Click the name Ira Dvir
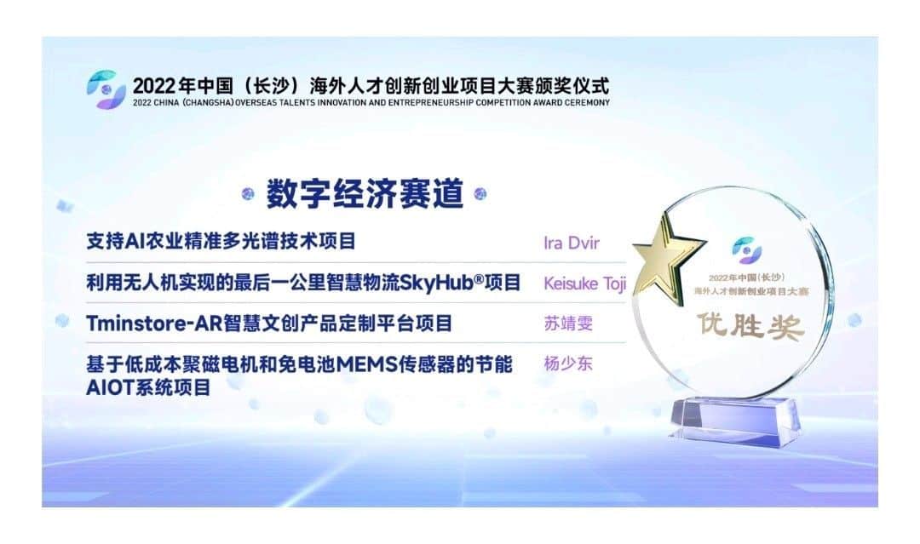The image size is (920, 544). tap(572, 243)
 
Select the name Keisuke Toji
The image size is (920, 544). tap(585, 283)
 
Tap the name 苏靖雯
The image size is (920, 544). tap(568, 323)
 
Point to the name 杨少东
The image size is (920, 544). tap(568, 364)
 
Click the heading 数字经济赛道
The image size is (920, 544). tap(365, 193)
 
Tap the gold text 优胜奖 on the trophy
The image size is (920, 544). tap(750, 325)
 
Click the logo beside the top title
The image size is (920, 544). tap(106, 89)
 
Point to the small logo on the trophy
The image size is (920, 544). tap(746, 249)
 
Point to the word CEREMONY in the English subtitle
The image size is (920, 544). tap(587, 103)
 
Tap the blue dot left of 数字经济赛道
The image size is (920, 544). tap(248, 194)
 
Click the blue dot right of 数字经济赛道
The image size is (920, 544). tap(480, 193)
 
